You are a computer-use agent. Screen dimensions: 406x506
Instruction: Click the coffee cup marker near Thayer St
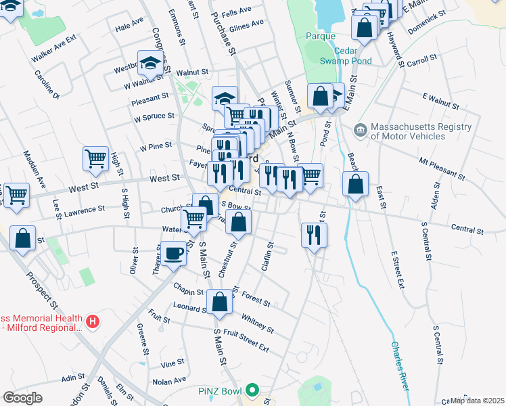(x=174, y=254)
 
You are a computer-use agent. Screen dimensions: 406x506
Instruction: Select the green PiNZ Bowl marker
(x=252, y=390)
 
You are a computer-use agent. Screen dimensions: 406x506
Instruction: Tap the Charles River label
(x=400, y=365)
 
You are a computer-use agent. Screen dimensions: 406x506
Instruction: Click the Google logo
(x=22, y=398)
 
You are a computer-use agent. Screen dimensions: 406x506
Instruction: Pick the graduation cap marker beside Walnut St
(x=150, y=64)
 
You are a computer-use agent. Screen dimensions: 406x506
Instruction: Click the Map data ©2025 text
(x=477, y=401)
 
